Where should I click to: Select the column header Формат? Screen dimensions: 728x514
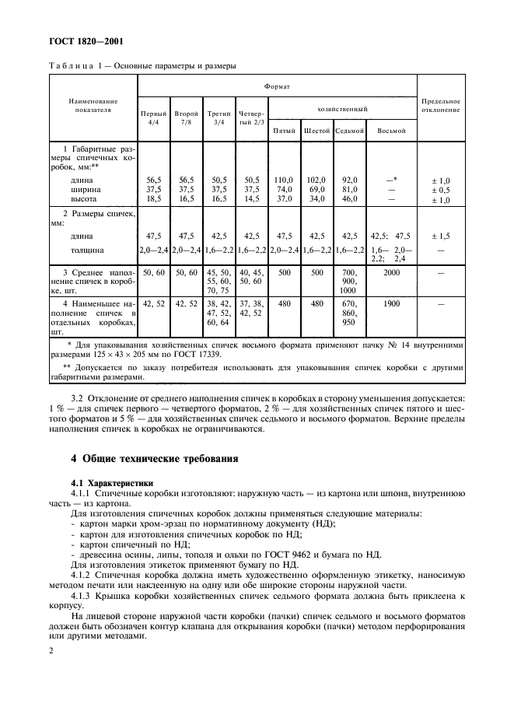277,87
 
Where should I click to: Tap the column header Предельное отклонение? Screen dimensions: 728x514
440,105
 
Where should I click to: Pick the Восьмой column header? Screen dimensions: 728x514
391,131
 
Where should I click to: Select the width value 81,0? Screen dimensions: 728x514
350,188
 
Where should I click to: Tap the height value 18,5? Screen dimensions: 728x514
153,199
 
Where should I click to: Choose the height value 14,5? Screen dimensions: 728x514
251,199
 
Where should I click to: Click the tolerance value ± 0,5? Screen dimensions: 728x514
440,189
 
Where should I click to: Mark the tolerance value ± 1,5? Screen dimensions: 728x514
440,235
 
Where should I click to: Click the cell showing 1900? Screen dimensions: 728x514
391,303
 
